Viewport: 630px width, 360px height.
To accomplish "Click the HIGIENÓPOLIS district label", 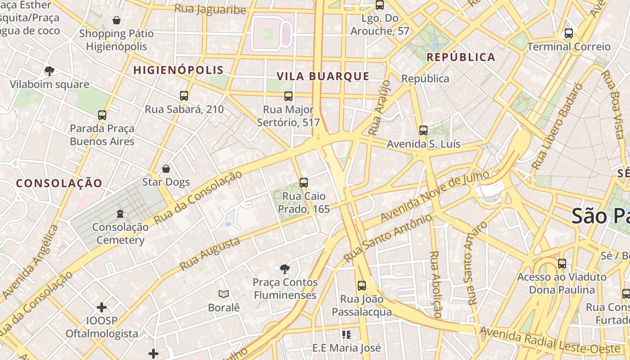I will point(179,70).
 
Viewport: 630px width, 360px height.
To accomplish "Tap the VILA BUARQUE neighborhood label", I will point(323,76).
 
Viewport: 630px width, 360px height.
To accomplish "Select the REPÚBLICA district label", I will point(461,57).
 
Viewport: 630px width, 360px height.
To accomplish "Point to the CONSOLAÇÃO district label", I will point(59,183).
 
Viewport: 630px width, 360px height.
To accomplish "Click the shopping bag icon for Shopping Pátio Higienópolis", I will point(117,20).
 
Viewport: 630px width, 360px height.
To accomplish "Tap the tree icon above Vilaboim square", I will point(49,71).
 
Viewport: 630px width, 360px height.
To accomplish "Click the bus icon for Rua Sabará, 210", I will point(184,95).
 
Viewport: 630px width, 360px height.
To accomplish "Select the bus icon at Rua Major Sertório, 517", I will point(288,96).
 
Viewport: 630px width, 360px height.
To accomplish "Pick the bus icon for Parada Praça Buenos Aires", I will point(102,115).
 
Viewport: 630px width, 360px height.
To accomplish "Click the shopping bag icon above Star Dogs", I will point(166,169).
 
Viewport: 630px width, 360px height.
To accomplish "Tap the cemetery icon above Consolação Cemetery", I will point(120,213).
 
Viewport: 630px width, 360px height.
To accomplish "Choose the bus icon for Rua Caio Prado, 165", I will point(304,182).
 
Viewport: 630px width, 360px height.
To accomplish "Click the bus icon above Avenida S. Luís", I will point(423,130).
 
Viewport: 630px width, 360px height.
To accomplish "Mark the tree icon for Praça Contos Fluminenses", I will point(284,269).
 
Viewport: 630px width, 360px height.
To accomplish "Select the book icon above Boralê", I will point(224,294).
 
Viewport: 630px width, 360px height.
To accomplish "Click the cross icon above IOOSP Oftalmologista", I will point(102,307).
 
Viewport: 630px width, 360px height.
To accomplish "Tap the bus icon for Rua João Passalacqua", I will point(362,285).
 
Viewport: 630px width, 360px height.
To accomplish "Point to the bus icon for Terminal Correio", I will point(569,33).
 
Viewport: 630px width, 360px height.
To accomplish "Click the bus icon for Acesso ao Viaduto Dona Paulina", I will point(562,264).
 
